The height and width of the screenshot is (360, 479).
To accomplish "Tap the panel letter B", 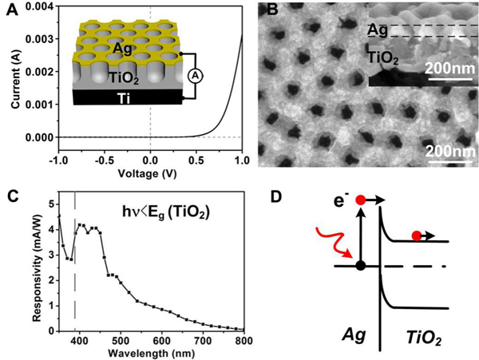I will (270, 10).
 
